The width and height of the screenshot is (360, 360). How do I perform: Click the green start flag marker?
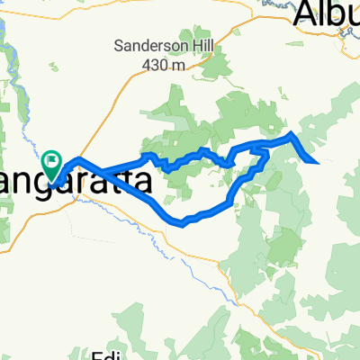52,166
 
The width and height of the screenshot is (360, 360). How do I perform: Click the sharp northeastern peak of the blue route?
292,134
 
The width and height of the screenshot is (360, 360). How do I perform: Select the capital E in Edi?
102,354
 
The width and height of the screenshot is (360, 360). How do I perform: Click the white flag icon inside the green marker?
53,163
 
